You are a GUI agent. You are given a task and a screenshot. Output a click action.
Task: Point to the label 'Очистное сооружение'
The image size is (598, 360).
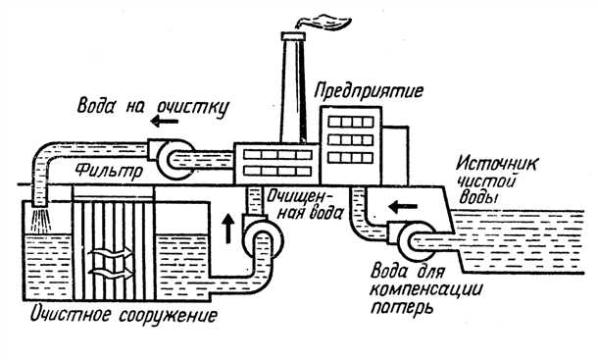tap(123, 317)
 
